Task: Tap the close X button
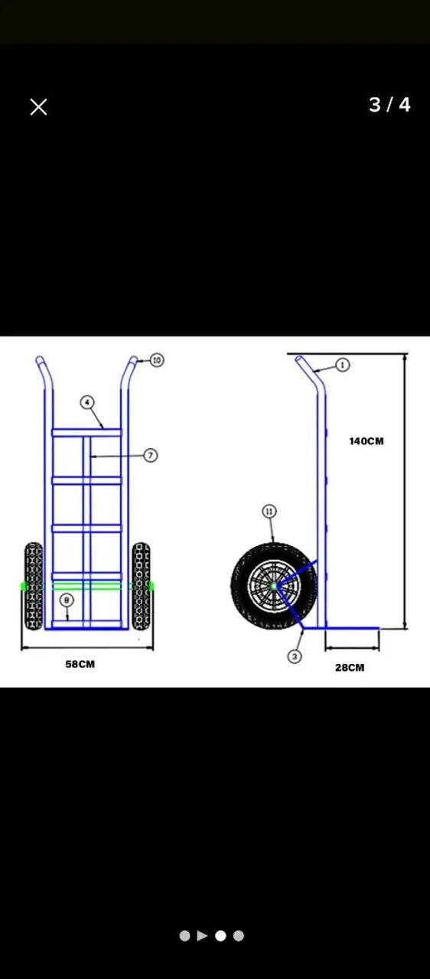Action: (38, 106)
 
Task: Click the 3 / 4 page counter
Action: (389, 105)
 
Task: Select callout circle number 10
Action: (157, 360)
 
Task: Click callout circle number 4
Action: (87, 402)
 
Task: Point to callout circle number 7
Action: (151, 455)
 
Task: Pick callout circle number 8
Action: (67, 600)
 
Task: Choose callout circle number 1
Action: (343, 365)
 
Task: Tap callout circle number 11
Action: (269, 512)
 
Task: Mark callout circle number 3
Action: (295, 656)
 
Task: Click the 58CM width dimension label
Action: (80, 665)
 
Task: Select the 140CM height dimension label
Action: (366, 441)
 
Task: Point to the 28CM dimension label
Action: (350, 668)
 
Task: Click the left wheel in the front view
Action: (33, 586)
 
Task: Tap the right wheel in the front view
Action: (141, 586)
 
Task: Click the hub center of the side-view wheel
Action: (274, 586)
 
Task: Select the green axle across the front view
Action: (87, 587)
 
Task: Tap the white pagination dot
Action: (220, 935)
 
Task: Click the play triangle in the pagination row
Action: (202, 935)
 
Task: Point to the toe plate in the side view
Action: (340, 629)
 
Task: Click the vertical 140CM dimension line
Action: (406, 491)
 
